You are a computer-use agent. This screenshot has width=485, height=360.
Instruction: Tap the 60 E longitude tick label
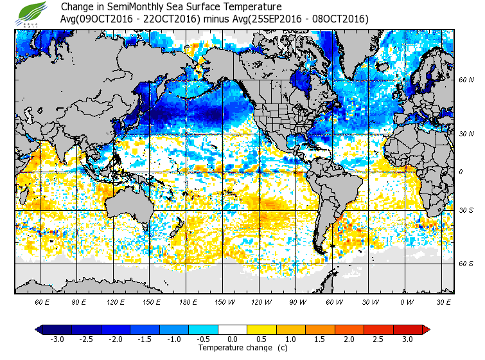(x=42, y=301)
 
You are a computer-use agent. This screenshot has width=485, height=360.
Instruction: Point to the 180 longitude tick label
(x=188, y=301)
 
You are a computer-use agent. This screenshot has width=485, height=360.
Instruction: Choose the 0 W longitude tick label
(x=407, y=301)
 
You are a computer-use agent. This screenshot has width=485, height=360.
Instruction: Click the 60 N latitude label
(x=466, y=80)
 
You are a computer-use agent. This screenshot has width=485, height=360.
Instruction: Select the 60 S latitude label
(x=466, y=264)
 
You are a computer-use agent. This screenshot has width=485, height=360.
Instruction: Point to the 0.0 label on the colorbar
(x=233, y=339)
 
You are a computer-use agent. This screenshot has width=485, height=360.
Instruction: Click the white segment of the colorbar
(x=233, y=329)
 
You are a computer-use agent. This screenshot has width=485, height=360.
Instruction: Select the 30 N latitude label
(x=466, y=134)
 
